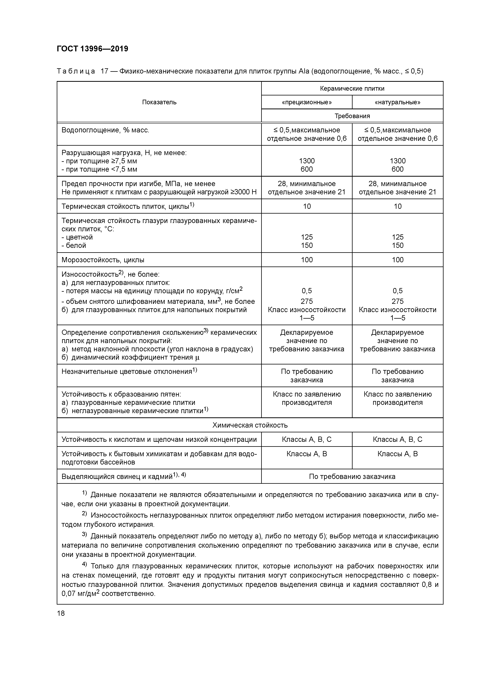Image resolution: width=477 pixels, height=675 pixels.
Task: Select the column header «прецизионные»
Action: (x=307, y=102)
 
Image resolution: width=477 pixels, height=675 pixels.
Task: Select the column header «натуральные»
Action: (x=397, y=102)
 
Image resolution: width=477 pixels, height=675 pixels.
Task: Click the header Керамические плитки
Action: (x=352, y=89)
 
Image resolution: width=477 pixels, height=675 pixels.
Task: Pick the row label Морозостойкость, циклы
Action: (x=103, y=260)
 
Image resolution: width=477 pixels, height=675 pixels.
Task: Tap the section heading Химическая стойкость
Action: (x=250, y=425)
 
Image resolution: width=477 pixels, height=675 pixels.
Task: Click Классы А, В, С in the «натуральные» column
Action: (x=397, y=439)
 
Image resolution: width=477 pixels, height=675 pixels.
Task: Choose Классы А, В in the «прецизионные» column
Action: (x=307, y=454)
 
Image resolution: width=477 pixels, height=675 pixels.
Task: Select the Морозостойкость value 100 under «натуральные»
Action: (x=397, y=260)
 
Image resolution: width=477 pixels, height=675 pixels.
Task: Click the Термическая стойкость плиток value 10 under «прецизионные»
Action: (x=307, y=206)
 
